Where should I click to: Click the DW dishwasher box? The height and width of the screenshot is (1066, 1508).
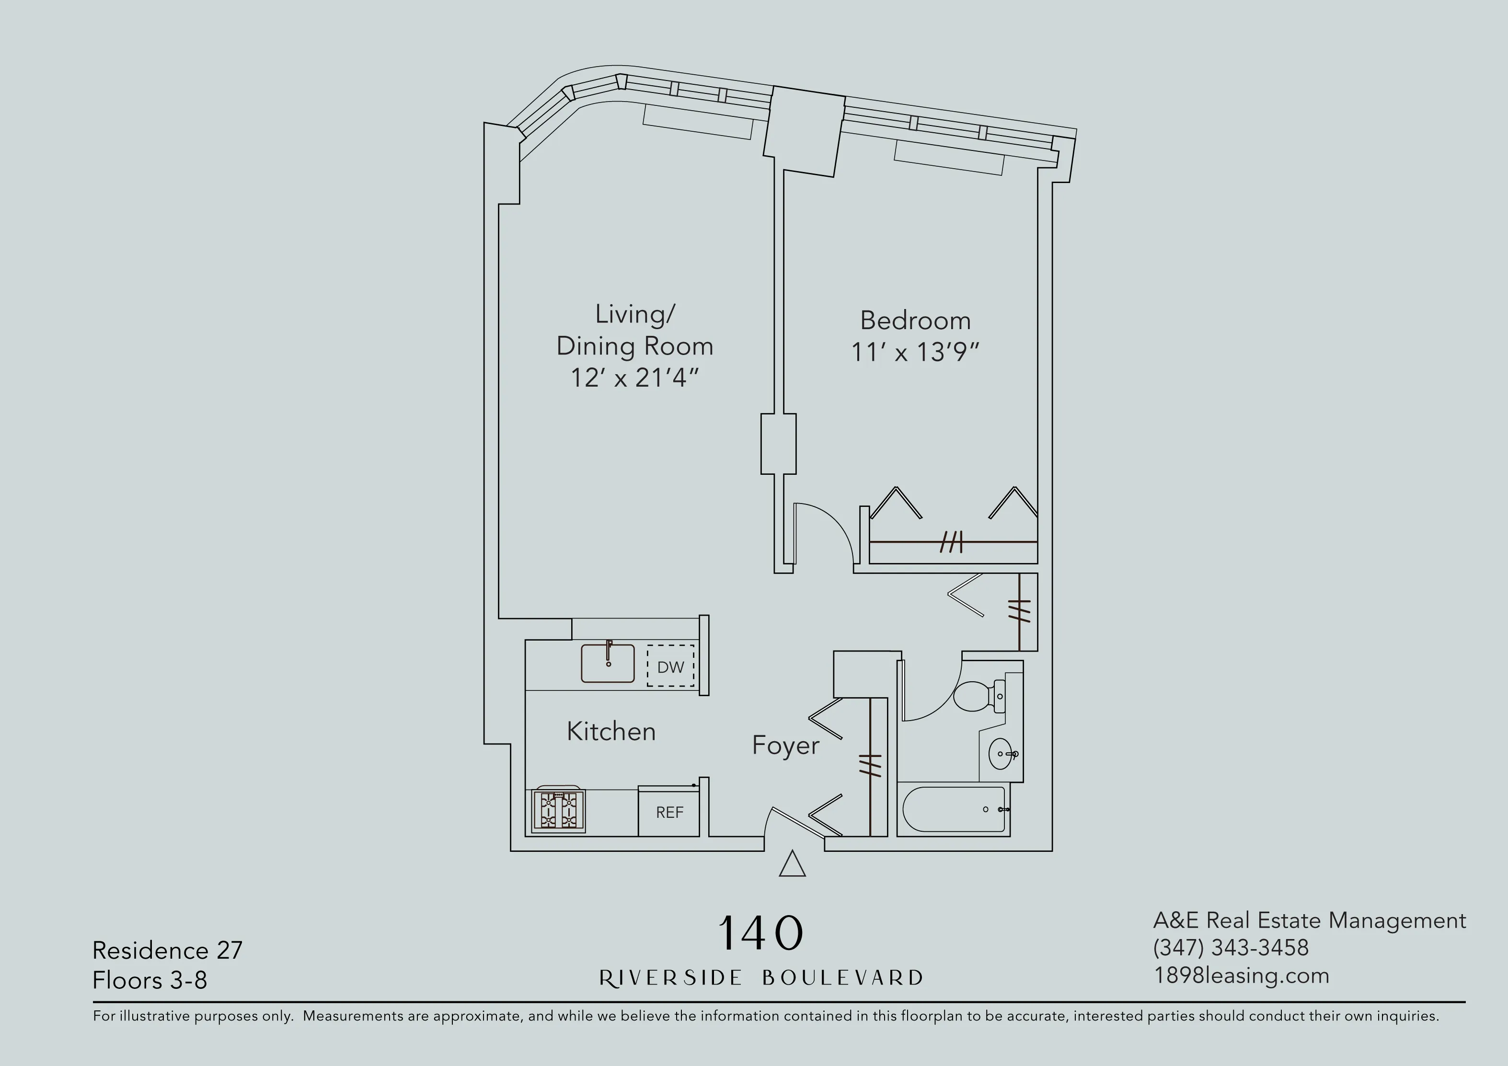click(x=670, y=666)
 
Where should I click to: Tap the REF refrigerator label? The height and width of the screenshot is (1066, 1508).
click(x=669, y=813)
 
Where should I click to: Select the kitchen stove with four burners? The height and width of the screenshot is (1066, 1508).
click(x=558, y=811)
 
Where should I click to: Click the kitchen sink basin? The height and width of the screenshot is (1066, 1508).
click(x=608, y=664)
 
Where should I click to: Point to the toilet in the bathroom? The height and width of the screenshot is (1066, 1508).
click(x=978, y=696)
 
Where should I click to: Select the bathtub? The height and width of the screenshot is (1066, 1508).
click(x=955, y=809)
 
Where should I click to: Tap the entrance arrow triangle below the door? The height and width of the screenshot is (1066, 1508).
click(x=792, y=864)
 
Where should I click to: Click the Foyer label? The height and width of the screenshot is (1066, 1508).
click(x=785, y=745)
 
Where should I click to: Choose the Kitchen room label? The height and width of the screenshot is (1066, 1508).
click(x=611, y=732)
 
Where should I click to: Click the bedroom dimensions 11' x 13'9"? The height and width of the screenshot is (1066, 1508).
click(x=915, y=353)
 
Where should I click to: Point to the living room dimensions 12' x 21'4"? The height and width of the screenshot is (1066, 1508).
click(x=634, y=378)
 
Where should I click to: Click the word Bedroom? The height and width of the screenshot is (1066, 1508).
click(x=915, y=321)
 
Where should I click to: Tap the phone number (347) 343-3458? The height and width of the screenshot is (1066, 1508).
click(x=1231, y=948)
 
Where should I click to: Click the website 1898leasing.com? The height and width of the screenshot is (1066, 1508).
click(x=1242, y=975)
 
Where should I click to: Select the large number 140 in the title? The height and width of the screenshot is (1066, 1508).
click(x=760, y=933)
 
